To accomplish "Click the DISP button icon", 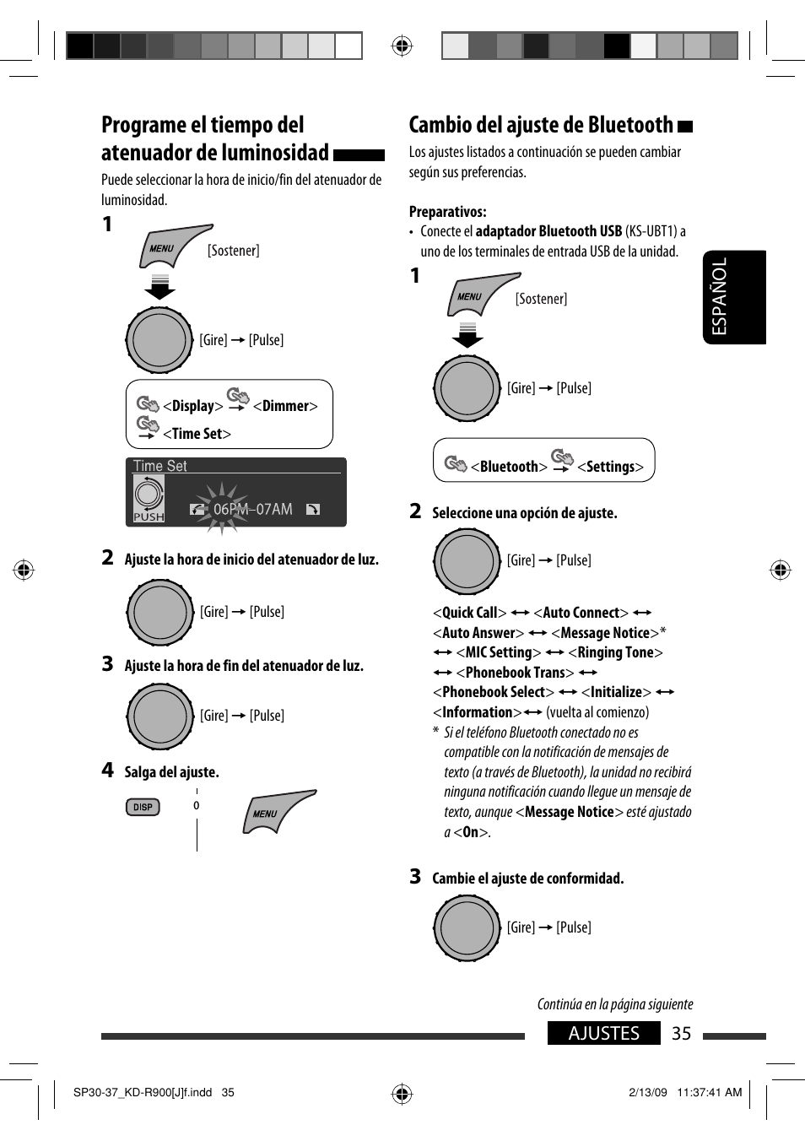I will tap(143, 807).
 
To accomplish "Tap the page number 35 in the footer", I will tap(681, 1033).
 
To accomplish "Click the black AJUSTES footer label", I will tap(603, 1033).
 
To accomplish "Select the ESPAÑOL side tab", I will tap(733, 297).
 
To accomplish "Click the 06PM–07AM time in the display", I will tap(252, 509).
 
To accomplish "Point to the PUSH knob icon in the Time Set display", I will tap(149, 498).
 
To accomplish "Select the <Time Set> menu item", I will tap(197, 434).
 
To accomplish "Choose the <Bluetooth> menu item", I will tap(509, 467).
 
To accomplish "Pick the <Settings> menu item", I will tap(610, 467).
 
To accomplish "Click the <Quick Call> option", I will tap(469, 613).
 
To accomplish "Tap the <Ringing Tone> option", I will tap(615, 652).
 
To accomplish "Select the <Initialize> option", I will tap(616, 692).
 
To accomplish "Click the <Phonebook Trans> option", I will tap(515, 673).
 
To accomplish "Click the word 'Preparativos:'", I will tap(447, 212).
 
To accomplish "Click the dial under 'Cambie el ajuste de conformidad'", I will tap(467, 927).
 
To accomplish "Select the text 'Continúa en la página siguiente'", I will tap(615, 1004).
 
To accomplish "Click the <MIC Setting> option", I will tap(498, 652).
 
